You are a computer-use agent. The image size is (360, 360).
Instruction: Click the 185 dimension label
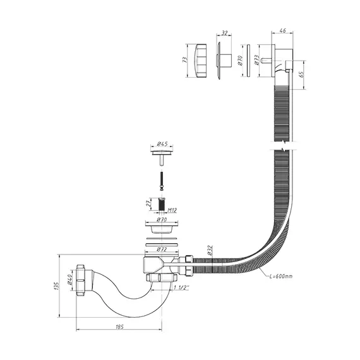tap(119, 327)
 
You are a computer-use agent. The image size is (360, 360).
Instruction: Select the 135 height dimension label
tap(56, 286)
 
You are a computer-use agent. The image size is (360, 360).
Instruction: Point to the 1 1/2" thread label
tap(181, 287)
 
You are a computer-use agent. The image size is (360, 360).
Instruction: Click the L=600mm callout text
tap(281, 276)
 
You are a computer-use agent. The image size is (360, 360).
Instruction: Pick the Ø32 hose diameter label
tap(210, 250)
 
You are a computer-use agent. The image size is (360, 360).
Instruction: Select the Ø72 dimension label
tap(162, 249)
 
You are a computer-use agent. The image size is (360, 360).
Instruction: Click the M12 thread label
tap(172, 210)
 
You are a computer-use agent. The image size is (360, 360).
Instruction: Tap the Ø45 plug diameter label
tap(162, 144)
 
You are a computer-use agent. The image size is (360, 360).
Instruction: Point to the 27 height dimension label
tap(149, 203)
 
